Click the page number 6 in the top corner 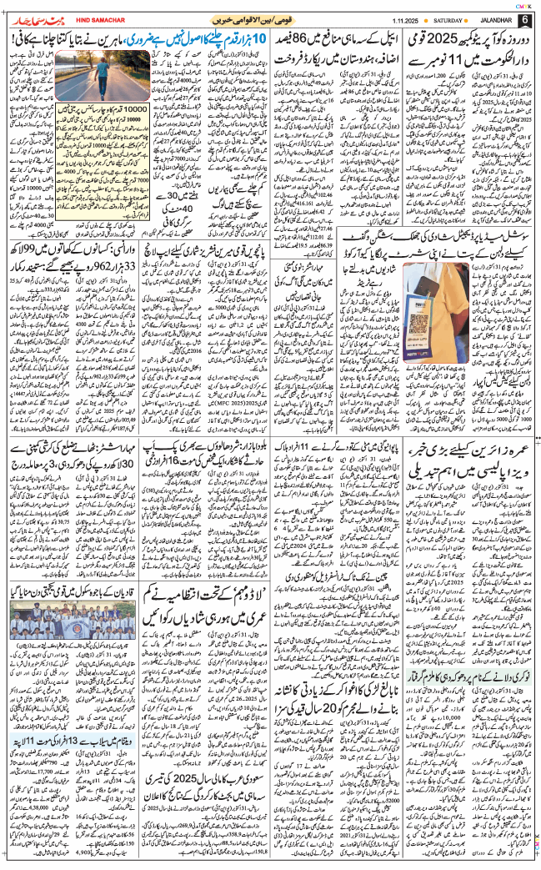click(x=525, y=18)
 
